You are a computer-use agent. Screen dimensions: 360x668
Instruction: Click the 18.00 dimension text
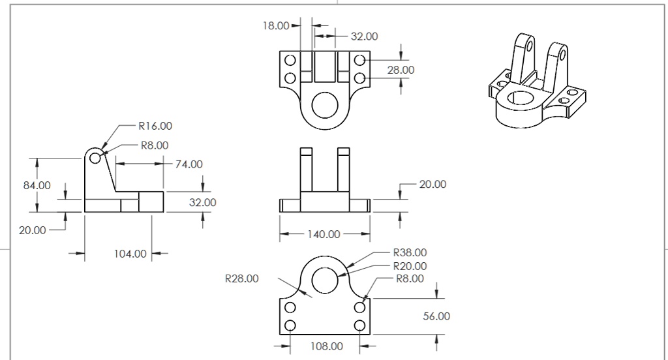[275, 26]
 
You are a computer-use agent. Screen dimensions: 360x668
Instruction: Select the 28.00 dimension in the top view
[401, 70]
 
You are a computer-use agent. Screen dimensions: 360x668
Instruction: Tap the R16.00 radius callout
[155, 126]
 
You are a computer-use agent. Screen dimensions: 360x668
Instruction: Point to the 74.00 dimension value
[189, 164]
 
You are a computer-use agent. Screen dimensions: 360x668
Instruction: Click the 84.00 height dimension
[37, 185]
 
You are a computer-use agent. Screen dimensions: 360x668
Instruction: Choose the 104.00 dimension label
[130, 254]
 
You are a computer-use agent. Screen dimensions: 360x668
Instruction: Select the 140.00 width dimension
[324, 234]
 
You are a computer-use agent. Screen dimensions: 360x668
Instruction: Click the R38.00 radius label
[410, 252]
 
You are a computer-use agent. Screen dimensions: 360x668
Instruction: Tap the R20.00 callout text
[410, 266]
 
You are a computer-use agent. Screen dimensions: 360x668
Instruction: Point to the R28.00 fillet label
[241, 279]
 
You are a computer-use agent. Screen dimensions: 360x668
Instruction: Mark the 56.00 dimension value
[436, 316]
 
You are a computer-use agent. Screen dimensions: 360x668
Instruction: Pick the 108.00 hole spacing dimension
[326, 346]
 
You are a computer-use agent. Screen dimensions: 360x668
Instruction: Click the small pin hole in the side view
[95, 157]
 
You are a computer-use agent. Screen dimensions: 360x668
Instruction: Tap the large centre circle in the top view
[324, 104]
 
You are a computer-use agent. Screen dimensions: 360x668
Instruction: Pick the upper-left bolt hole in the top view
[290, 61]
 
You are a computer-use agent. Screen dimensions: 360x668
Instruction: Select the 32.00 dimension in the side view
[202, 203]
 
